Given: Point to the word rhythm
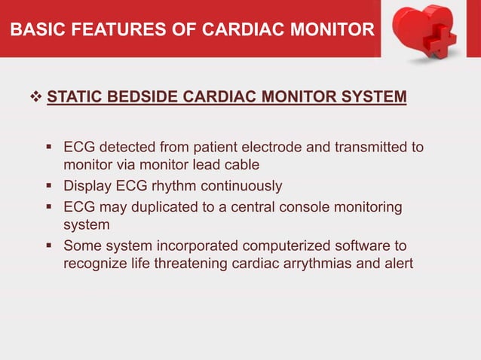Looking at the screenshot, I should (183, 185).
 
